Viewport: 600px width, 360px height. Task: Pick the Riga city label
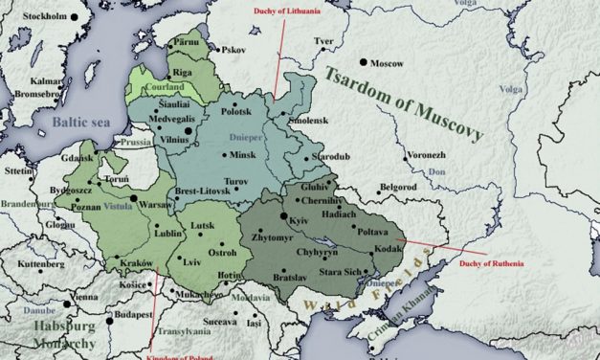click(184, 71)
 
